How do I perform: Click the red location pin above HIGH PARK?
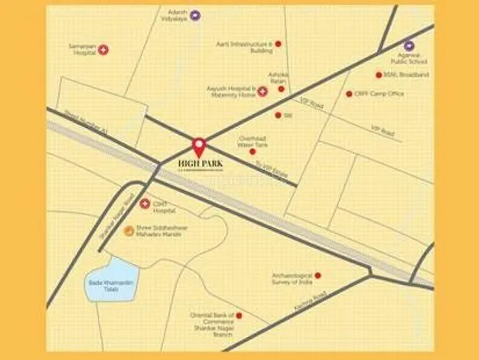[x=199, y=145]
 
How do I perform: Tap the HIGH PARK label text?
[x=199, y=163]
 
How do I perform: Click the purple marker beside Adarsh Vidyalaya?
[x=195, y=15]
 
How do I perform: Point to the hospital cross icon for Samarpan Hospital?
[x=103, y=50]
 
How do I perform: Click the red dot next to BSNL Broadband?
[x=378, y=75]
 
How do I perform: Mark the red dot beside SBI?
[x=278, y=115]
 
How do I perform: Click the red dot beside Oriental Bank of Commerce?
[x=239, y=315]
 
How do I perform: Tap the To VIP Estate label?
[x=271, y=170]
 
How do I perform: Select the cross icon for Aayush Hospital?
[x=262, y=91]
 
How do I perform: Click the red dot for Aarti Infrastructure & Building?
[x=278, y=44]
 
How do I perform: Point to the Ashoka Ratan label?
[x=277, y=77]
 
